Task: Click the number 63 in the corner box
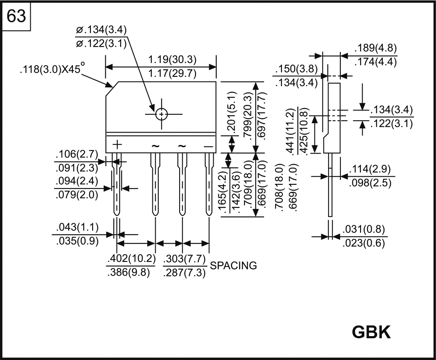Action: pos(17,17)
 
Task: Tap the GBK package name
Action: pos(371,332)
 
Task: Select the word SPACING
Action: pos(234,266)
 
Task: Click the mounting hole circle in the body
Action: pos(162,114)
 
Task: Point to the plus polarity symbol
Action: pos(116,145)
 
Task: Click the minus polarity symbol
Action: pos(208,146)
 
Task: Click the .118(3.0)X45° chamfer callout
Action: pos(52,70)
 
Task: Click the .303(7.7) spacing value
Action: pos(185,259)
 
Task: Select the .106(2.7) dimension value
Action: pos(77,154)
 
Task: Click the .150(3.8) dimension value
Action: pos(296,69)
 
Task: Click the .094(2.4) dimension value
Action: pos(77,181)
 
